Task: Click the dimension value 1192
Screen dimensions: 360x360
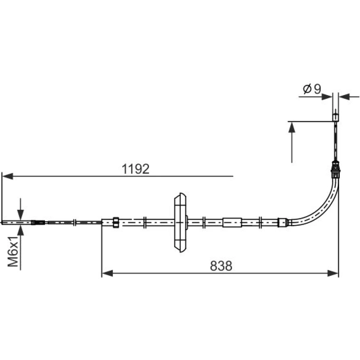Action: coord(135,169)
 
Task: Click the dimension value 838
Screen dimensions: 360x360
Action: coord(221,266)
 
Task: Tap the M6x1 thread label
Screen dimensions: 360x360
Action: coord(13,251)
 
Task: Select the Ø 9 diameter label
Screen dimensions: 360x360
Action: coord(312,89)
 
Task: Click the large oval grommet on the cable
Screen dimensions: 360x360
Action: coord(180,222)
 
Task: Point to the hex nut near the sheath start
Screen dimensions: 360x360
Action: coord(116,222)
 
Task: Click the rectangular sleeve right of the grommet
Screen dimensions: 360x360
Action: coord(232,222)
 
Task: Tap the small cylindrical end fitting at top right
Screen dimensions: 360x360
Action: coord(336,117)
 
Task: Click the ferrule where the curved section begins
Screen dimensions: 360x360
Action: coord(283,222)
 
